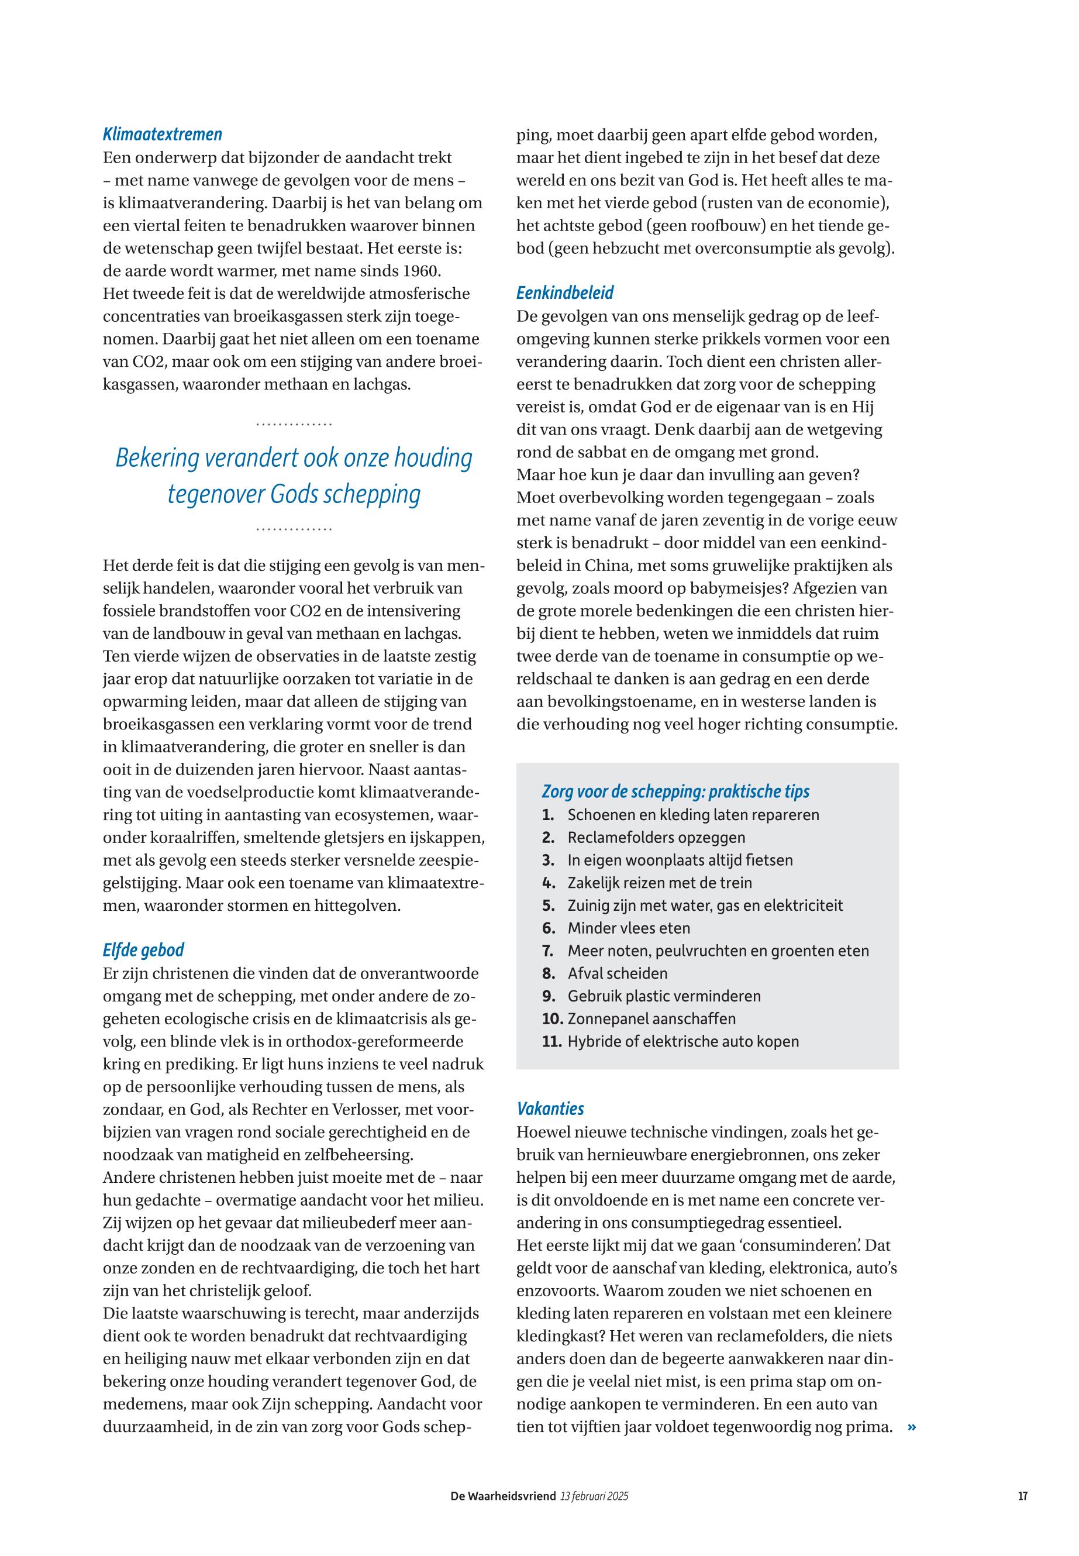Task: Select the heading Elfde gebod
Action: (x=143, y=950)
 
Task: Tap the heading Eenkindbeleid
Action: (x=565, y=293)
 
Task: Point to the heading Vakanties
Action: (x=550, y=1109)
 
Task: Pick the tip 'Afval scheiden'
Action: (x=617, y=973)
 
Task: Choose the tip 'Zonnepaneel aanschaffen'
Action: (x=651, y=1018)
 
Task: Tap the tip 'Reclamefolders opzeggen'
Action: (x=656, y=837)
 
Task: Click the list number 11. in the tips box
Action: (x=551, y=1041)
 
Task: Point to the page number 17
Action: (x=1022, y=1496)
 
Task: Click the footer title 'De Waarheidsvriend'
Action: (x=503, y=1496)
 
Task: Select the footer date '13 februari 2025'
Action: (x=594, y=1496)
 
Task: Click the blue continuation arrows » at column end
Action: (x=912, y=1427)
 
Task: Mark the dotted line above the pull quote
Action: (x=294, y=425)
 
